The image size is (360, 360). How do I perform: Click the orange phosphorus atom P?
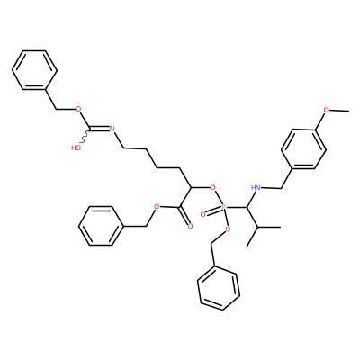[x=224, y=207]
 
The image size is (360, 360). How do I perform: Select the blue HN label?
[x=256, y=188]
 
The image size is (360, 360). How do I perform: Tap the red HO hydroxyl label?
[x=76, y=148]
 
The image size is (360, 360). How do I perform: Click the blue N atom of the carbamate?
[x=112, y=129]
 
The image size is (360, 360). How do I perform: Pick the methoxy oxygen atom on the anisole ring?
[x=327, y=110]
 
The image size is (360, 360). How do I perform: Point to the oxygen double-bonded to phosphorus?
[x=203, y=214]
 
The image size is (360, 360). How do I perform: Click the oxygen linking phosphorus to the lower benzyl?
[x=228, y=229]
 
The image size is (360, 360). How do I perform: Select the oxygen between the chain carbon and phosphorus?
[x=213, y=188]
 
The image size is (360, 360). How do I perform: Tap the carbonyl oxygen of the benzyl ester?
[x=190, y=226]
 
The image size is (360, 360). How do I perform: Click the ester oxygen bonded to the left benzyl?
[x=156, y=207]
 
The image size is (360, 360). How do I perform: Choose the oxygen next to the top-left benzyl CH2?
[x=79, y=109]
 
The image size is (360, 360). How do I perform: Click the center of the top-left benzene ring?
[x=34, y=70]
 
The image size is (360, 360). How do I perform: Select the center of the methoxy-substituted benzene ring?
[x=303, y=148]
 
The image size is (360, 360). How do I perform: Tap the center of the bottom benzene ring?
[x=219, y=289]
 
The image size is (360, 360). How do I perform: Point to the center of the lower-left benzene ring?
[x=101, y=226]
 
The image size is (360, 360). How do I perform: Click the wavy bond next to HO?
[x=84, y=138]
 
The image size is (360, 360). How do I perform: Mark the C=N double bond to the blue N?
[x=100, y=130]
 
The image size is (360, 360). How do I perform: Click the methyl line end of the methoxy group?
[x=348, y=111]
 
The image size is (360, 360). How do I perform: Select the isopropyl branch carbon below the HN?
[x=257, y=227]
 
